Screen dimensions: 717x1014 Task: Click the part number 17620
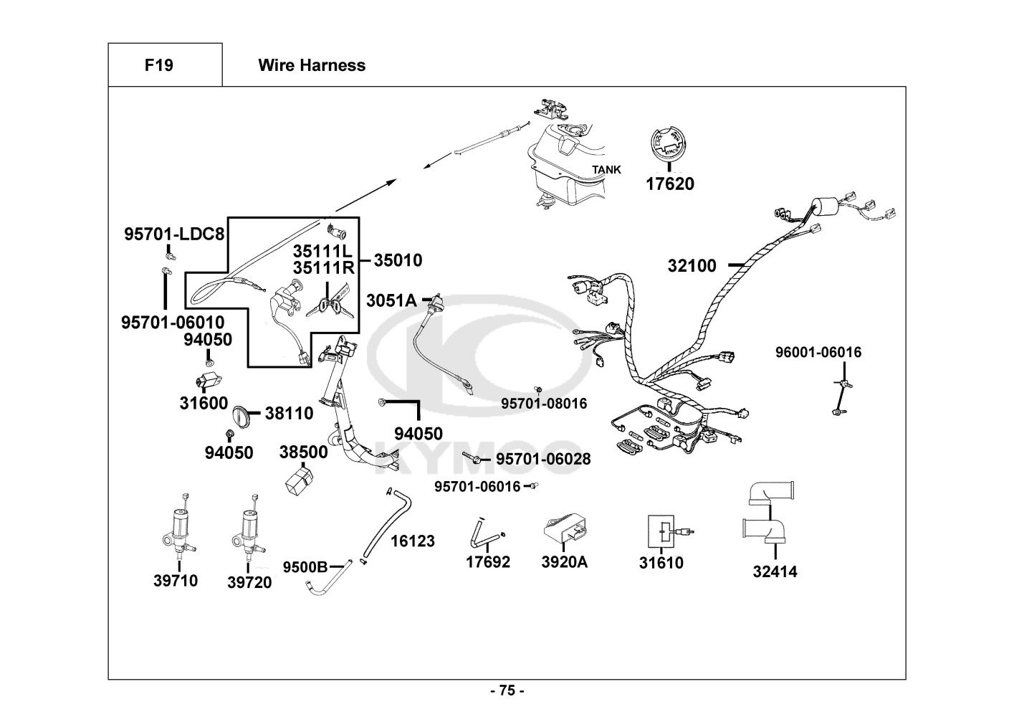(669, 184)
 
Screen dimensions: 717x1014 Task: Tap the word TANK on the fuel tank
(606, 170)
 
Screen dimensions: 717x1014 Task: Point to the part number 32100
(692, 266)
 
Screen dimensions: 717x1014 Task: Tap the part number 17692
(488, 562)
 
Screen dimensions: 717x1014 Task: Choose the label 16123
(412, 541)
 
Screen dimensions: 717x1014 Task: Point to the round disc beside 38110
(241, 417)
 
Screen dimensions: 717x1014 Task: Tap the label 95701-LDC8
(174, 234)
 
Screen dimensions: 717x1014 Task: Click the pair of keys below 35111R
(327, 308)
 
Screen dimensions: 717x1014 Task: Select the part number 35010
(398, 260)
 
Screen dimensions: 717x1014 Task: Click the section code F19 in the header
(158, 65)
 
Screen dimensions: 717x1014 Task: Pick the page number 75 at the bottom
(507, 691)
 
